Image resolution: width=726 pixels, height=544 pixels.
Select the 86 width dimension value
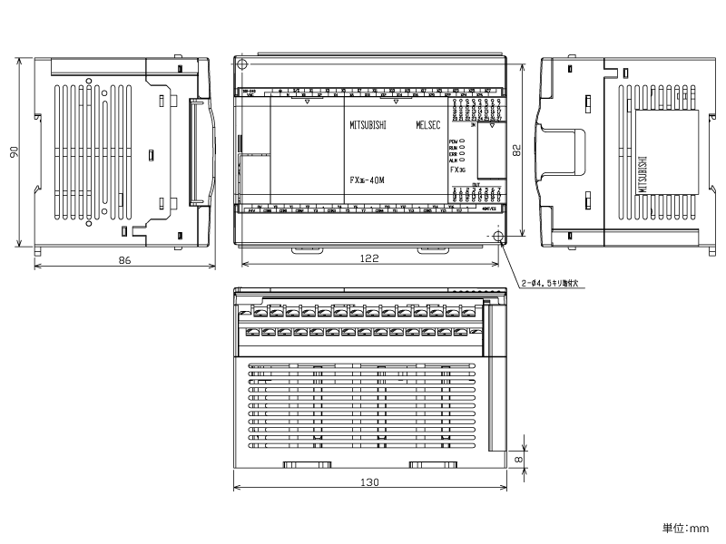click(x=125, y=260)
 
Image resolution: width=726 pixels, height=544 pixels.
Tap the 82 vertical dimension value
click(x=517, y=151)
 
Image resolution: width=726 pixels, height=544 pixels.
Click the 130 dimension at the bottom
click(x=369, y=482)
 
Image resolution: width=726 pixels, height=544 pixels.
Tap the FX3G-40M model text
click(x=368, y=180)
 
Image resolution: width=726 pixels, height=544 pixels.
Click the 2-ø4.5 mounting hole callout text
click(x=554, y=284)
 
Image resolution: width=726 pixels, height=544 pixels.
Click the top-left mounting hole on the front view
click(x=241, y=63)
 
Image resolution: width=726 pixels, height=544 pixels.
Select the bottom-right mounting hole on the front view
click(x=498, y=237)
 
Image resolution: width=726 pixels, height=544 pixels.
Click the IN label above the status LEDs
click(x=473, y=124)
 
